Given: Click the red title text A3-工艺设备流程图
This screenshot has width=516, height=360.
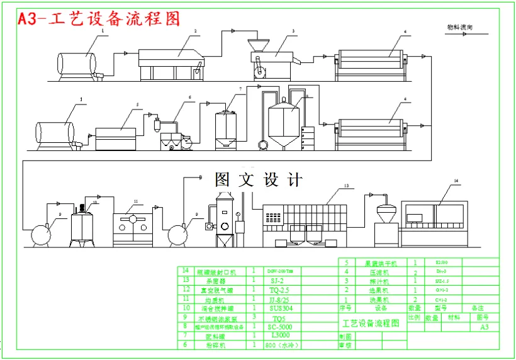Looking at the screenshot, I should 99,18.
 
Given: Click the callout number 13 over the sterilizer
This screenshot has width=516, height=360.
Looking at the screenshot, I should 345,186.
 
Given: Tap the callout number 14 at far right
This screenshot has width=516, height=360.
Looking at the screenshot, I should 457,181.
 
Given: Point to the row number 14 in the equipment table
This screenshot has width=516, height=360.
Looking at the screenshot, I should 185,271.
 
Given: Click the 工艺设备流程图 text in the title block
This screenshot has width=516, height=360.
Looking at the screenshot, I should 371,323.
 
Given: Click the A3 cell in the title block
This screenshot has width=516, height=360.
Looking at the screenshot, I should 484,327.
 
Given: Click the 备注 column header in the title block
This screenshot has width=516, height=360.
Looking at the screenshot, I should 478,308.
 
